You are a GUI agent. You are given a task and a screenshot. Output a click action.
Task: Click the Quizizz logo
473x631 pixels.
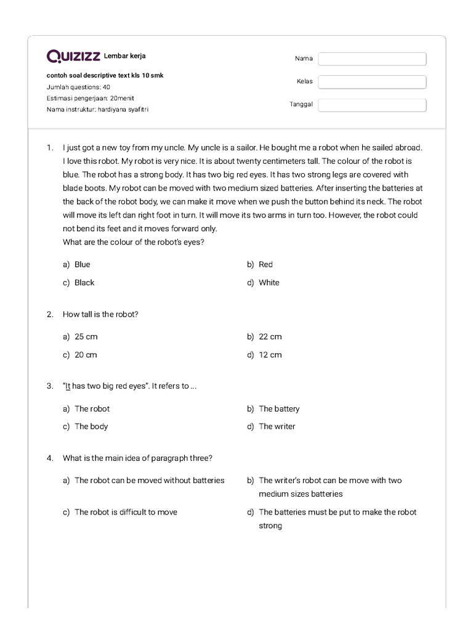click(x=74, y=57)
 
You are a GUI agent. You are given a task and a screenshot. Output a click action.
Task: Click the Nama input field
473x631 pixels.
click(x=372, y=59)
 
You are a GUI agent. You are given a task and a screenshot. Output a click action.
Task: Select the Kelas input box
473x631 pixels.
click(x=372, y=82)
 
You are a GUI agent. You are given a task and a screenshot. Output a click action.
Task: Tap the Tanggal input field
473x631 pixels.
click(x=372, y=105)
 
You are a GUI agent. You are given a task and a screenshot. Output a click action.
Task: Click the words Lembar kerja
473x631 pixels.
click(x=125, y=56)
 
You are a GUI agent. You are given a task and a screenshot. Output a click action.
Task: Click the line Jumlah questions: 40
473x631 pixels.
click(x=78, y=87)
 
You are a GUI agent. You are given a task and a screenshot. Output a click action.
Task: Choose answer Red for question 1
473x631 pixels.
click(x=265, y=264)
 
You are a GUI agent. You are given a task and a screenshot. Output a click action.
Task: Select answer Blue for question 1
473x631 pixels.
click(x=82, y=264)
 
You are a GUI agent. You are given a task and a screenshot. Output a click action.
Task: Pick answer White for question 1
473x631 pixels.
click(x=269, y=282)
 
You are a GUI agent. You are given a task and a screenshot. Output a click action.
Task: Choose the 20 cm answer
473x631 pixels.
click(x=86, y=354)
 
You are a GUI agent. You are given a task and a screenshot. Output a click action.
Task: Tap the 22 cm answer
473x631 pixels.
click(x=270, y=336)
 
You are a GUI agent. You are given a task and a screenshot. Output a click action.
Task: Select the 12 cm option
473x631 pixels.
click(x=270, y=354)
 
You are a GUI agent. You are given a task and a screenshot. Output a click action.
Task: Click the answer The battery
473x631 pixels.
click(x=279, y=409)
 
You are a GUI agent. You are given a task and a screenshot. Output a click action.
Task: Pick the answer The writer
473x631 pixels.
click(x=277, y=426)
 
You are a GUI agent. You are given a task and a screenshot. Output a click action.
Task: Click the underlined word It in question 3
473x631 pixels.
click(x=68, y=386)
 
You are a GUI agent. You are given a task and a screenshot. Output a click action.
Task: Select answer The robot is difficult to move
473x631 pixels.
click(x=126, y=512)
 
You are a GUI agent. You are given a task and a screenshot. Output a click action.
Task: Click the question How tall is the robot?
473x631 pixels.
click(x=100, y=314)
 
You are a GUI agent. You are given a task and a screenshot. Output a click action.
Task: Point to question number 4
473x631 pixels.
click(x=49, y=458)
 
